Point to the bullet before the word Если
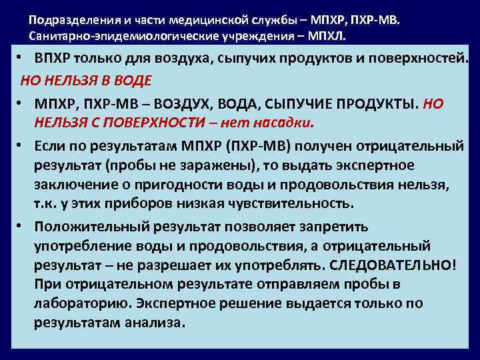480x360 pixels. (21, 145)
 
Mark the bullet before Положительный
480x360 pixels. (21, 225)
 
